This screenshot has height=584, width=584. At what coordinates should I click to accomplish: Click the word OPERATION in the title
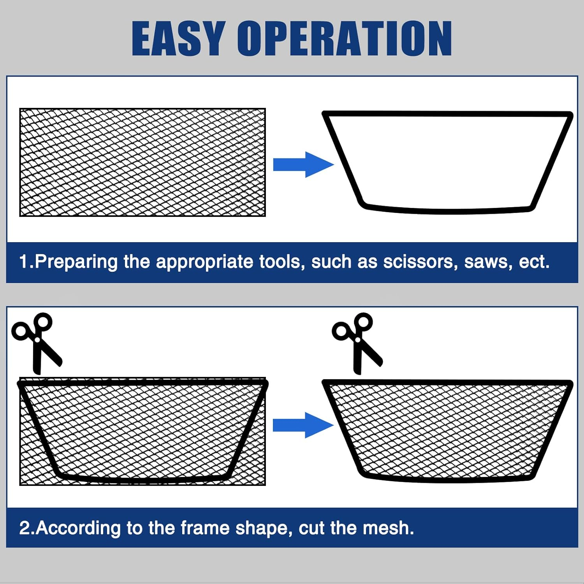(345, 38)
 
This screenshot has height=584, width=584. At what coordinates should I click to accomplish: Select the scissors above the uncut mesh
(37, 343)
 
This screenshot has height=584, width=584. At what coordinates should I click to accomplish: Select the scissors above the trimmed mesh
(357, 343)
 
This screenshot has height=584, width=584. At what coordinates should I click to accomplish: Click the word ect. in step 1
(534, 262)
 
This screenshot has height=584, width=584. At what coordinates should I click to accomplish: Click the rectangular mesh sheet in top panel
(142, 162)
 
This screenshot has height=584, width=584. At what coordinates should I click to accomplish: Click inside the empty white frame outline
(448, 162)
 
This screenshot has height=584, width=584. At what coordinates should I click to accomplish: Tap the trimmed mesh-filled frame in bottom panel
(448, 428)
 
